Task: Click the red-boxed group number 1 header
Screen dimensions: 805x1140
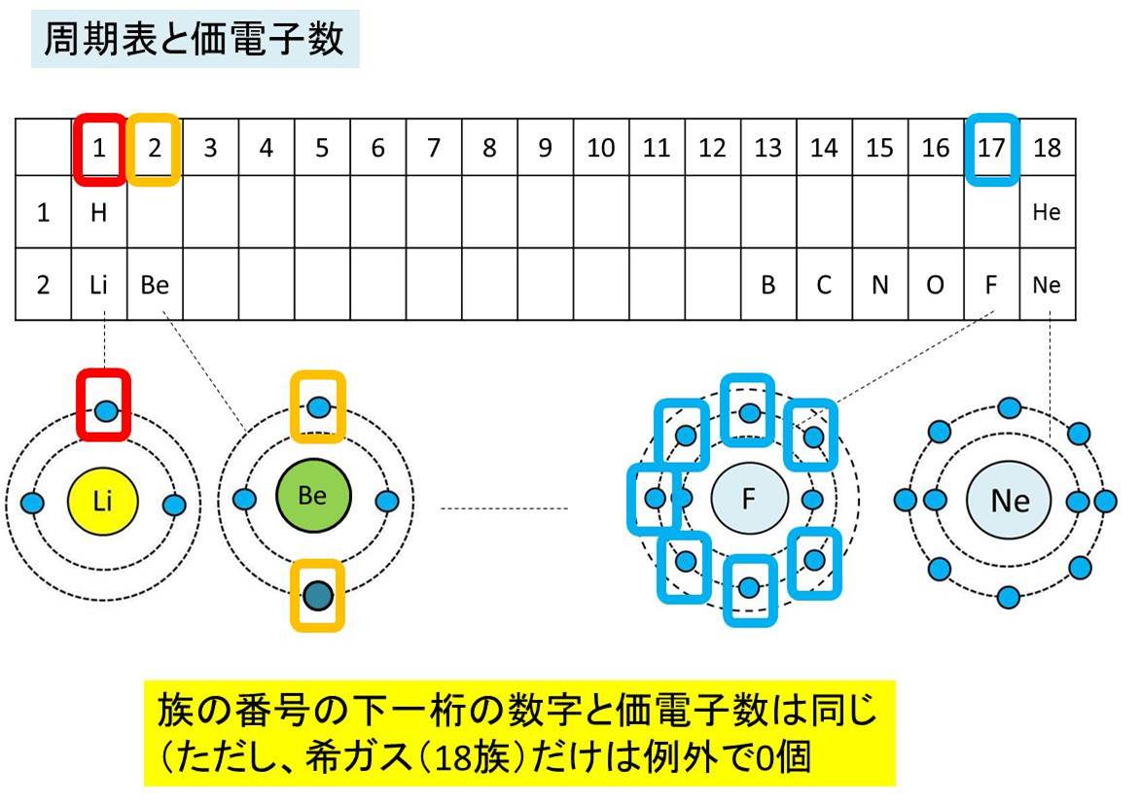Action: pyautogui.click(x=99, y=149)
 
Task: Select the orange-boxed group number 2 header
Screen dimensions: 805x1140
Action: pyautogui.click(x=154, y=149)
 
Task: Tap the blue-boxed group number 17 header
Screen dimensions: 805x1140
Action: pyautogui.click(x=992, y=149)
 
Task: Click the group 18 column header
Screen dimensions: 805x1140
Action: pyautogui.click(x=1048, y=149)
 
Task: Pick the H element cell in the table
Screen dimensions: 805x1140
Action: pyautogui.click(x=99, y=213)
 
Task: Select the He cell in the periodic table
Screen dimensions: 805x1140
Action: pyautogui.click(x=1048, y=213)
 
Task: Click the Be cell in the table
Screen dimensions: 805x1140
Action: pyautogui.click(x=154, y=286)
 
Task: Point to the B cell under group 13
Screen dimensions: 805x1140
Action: pyautogui.click(x=768, y=286)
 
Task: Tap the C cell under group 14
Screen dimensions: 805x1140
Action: pyautogui.click(x=824, y=286)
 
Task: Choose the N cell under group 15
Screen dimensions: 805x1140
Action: pyautogui.click(x=879, y=286)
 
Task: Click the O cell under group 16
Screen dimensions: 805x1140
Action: pyautogui.click(x=935, y=286)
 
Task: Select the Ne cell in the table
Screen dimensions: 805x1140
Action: pyautogui.click(x=1048, y=286)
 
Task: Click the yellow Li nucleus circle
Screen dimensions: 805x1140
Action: pyautogui.click(x=103, y=502)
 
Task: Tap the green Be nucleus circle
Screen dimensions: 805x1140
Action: pyautogui.click(x=312, y=496)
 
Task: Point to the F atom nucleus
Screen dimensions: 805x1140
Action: pyautogui.click(x=748, y=499)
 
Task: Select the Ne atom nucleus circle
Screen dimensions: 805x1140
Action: pyautogui.click(x=1010, y=500)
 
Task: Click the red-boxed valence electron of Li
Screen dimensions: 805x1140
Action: pyautogui.click(x=106, y=410)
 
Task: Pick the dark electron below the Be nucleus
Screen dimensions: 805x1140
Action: pyautogui.click(x=317, y=594)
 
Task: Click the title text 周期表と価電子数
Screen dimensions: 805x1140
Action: pyautogui.click(x=195, y=40)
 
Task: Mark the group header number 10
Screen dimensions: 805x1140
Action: pyautogui.click(x=601, y=149)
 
